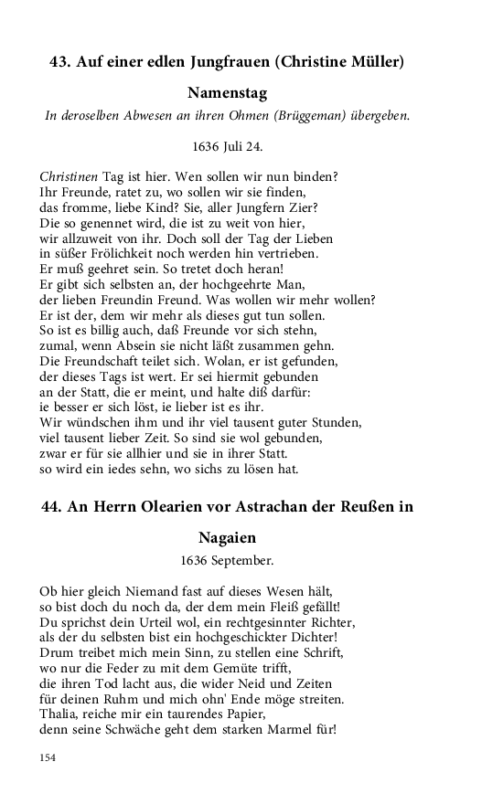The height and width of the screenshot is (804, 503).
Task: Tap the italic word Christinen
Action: (70, 175)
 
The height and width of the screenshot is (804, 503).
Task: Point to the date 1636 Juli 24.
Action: (228, 145)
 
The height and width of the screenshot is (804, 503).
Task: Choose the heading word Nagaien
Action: (227, 538)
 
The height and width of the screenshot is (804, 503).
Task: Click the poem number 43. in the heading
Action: (61, 62)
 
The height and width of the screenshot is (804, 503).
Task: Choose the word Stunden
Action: (335, 423)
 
